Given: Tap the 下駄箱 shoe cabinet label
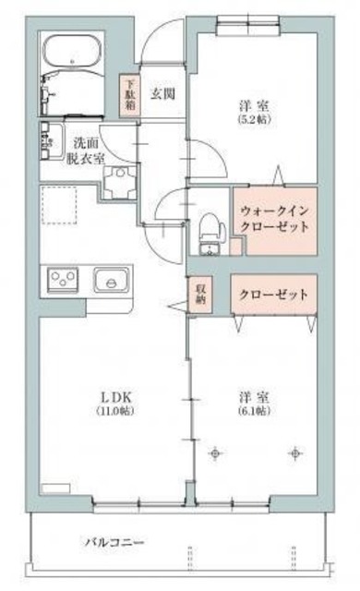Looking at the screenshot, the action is point(130,94).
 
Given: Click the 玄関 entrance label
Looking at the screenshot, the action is point(162,93).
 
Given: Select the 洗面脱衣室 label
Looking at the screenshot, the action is point(86,151).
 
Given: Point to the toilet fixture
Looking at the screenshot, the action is point(211,234).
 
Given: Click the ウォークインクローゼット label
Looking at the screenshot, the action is point(274,219).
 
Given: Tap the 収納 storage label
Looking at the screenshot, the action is point(199,295).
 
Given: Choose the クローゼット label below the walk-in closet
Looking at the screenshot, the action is point(273,294).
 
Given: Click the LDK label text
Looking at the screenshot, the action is point(115,396).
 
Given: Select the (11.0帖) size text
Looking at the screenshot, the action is point(115,411).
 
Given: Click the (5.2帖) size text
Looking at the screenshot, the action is point(255,119).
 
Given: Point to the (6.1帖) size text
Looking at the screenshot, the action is point(254,411).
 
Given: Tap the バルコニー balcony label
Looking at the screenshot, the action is point(114,543).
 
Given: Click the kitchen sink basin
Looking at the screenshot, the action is point(112,280).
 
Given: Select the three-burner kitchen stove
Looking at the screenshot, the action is point(63,280).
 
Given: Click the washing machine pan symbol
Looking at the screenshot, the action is point(120,183).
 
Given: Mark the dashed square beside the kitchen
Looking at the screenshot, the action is point(59,205).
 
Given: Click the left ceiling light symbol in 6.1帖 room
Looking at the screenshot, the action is point(215,453).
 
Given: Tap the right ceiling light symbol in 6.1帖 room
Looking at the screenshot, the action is point(295,453).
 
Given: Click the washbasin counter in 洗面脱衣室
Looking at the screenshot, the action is point(51,141).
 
